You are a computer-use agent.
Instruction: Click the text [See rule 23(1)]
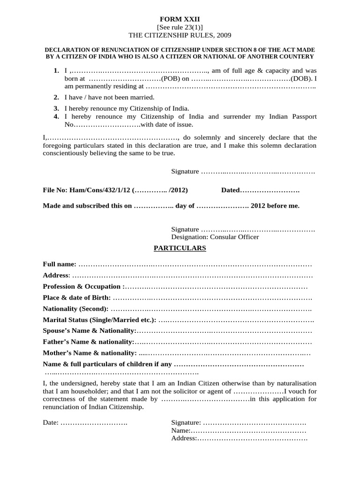click(180, 27)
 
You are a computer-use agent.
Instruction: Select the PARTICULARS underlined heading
click(180, 248)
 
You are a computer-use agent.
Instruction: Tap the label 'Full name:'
click(60, 265)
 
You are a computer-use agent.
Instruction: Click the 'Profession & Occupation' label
click(83, 286)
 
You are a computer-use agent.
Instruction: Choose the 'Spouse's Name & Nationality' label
click(89, 331)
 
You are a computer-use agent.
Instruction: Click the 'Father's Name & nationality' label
click(88, 342)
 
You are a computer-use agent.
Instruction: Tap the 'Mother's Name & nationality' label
click(90, 353)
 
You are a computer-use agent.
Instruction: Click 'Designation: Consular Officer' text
click(215, 237)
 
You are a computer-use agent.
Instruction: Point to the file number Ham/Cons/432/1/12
click(100, 191)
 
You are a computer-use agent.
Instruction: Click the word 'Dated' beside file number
click(230, 191)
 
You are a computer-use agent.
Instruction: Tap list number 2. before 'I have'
click(56, 97)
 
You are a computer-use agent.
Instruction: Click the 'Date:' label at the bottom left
click(51, 422)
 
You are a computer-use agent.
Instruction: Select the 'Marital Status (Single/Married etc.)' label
click(99, 320)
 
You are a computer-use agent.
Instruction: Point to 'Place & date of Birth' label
click(77, 298)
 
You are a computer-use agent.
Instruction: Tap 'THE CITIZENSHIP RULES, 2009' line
click(180, 35)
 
